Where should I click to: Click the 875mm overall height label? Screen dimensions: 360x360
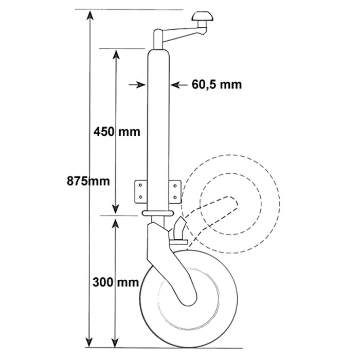click(x=88, y=181)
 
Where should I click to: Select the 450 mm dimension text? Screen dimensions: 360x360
click(x=117, y=131)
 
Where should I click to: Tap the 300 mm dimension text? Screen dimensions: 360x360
click(x=116, y=282)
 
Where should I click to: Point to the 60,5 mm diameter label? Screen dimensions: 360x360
click(x=217, y=84)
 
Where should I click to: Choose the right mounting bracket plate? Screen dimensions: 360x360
click(x=175, y=191)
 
